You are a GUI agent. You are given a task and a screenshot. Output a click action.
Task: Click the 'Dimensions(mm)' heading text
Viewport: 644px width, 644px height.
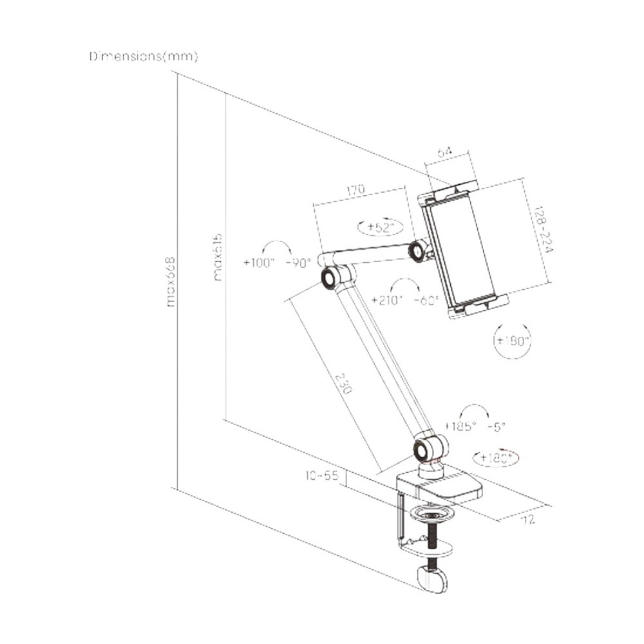point(144,57)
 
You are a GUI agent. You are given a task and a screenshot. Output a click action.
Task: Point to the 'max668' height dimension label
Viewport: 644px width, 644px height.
point(171,281)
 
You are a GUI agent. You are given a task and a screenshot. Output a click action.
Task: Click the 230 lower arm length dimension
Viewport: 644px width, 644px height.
point(345,380)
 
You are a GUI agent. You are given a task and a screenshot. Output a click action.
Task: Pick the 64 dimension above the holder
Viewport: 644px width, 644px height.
point(445,153)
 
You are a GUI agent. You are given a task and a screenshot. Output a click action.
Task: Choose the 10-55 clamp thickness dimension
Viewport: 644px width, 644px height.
point(322,476)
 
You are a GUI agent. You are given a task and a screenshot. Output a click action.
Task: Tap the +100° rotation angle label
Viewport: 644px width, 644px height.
point(259,263)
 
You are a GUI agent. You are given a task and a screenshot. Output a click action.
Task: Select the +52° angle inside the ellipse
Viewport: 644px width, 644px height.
point(380,227)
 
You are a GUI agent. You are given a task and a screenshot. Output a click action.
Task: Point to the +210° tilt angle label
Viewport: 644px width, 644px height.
point(387,300)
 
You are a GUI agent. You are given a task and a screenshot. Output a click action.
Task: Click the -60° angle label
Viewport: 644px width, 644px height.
point(426,300)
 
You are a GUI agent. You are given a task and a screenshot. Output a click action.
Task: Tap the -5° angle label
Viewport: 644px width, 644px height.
point(497,426)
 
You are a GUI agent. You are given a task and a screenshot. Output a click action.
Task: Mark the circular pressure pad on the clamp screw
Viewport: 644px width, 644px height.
point(431,515)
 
